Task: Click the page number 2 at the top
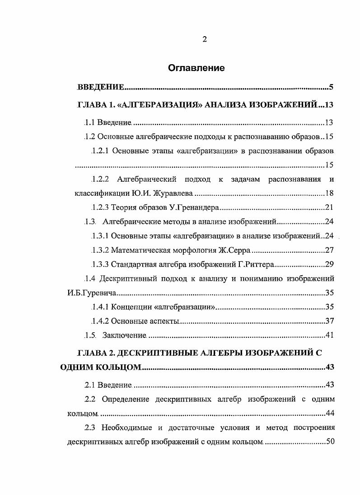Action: coord(204,39)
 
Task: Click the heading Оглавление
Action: coord(196,68)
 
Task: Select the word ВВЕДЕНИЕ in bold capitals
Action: coord(100,87)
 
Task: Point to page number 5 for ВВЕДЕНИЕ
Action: coord(331,87)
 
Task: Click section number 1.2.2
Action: coord(100,179)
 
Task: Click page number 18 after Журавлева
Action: coord(329,194)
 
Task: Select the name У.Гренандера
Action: coord(197,208)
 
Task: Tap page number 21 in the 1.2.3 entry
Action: coord(329,208)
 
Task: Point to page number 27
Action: coord(329,250)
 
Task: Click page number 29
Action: coord(329,264)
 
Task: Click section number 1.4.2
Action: coord(100,321)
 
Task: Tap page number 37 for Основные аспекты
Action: coord(329,321)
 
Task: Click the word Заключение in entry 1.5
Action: coord(124,335)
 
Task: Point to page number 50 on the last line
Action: coord(330,441)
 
